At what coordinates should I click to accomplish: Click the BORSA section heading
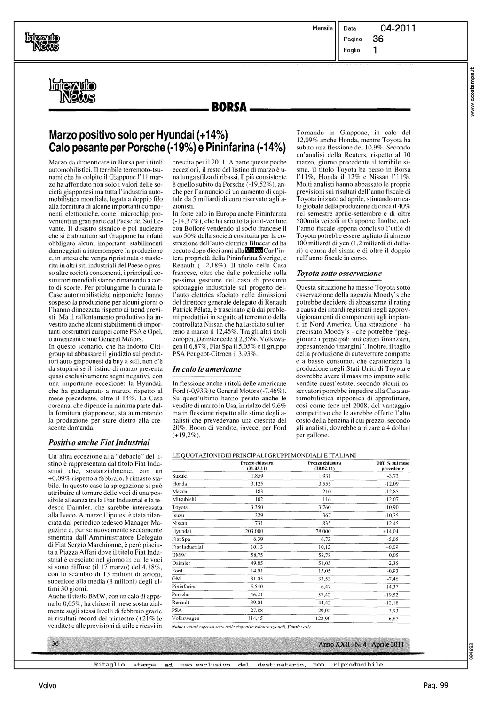[229, 109]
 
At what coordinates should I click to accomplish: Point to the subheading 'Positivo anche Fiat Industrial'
[99, 442]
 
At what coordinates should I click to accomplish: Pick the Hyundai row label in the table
[181, 531]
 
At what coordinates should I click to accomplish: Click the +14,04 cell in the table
[391, 531]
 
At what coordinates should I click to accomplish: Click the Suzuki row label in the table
[180, 476]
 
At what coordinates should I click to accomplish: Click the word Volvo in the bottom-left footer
[47, 686]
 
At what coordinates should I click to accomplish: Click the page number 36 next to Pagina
[378, 39]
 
